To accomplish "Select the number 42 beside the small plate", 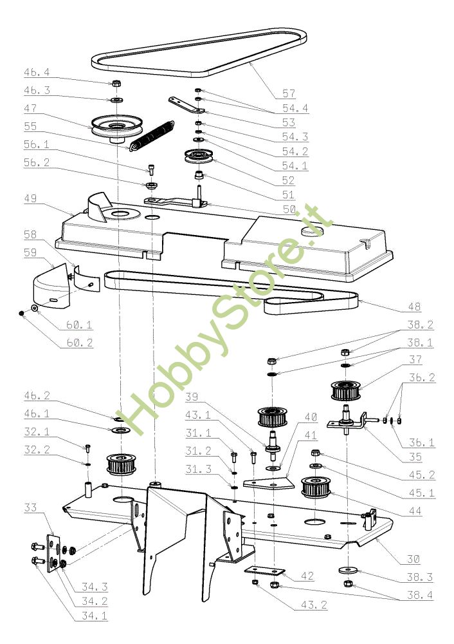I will coord(307,576).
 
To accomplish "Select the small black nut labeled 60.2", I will coord(22,313).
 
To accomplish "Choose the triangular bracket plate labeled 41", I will coord(268,482).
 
